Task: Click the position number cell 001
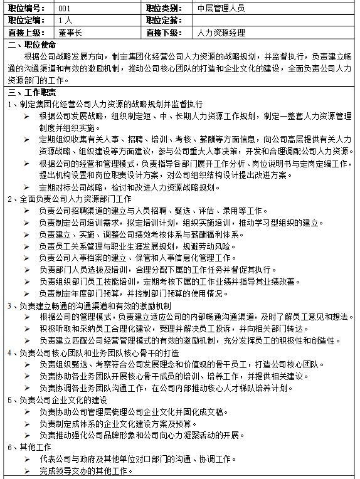65,8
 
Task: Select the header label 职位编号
27,8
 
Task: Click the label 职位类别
163,8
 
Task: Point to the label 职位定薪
163,21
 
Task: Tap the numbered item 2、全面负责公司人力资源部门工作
70,199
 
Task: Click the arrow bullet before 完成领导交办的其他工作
27,470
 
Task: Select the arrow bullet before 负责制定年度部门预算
27,293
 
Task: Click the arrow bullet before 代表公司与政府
27,458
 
